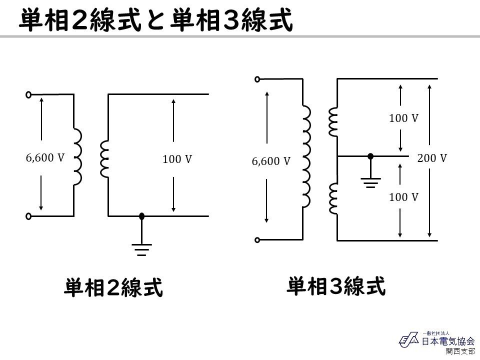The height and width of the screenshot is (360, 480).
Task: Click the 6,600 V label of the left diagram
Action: click(x=45, y=158)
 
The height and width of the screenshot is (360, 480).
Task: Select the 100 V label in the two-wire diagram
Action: click(x=177, y=159)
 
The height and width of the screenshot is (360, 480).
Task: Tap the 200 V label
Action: click(x=432, y=158)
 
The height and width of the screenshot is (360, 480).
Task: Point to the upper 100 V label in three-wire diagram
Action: click(x=403, y=118)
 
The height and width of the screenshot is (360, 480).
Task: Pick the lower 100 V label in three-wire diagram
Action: click(x=403, y=197)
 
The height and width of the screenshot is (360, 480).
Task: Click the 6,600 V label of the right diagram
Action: click(x=271, y=161)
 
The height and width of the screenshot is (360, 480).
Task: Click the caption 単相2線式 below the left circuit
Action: click(x=113, y=288)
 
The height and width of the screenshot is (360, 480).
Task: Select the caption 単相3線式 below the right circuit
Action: click(x=336, y=286)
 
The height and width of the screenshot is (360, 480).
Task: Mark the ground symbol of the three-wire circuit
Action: click(x=370, y=182)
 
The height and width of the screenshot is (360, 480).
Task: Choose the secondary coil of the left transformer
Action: click(x=104, y=159)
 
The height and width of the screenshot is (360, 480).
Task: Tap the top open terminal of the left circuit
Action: click(x=28, y=94)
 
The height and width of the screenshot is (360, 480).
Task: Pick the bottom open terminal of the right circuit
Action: click(x=257, y=240)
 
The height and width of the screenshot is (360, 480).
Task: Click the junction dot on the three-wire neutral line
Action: click(x=370, y=156)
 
